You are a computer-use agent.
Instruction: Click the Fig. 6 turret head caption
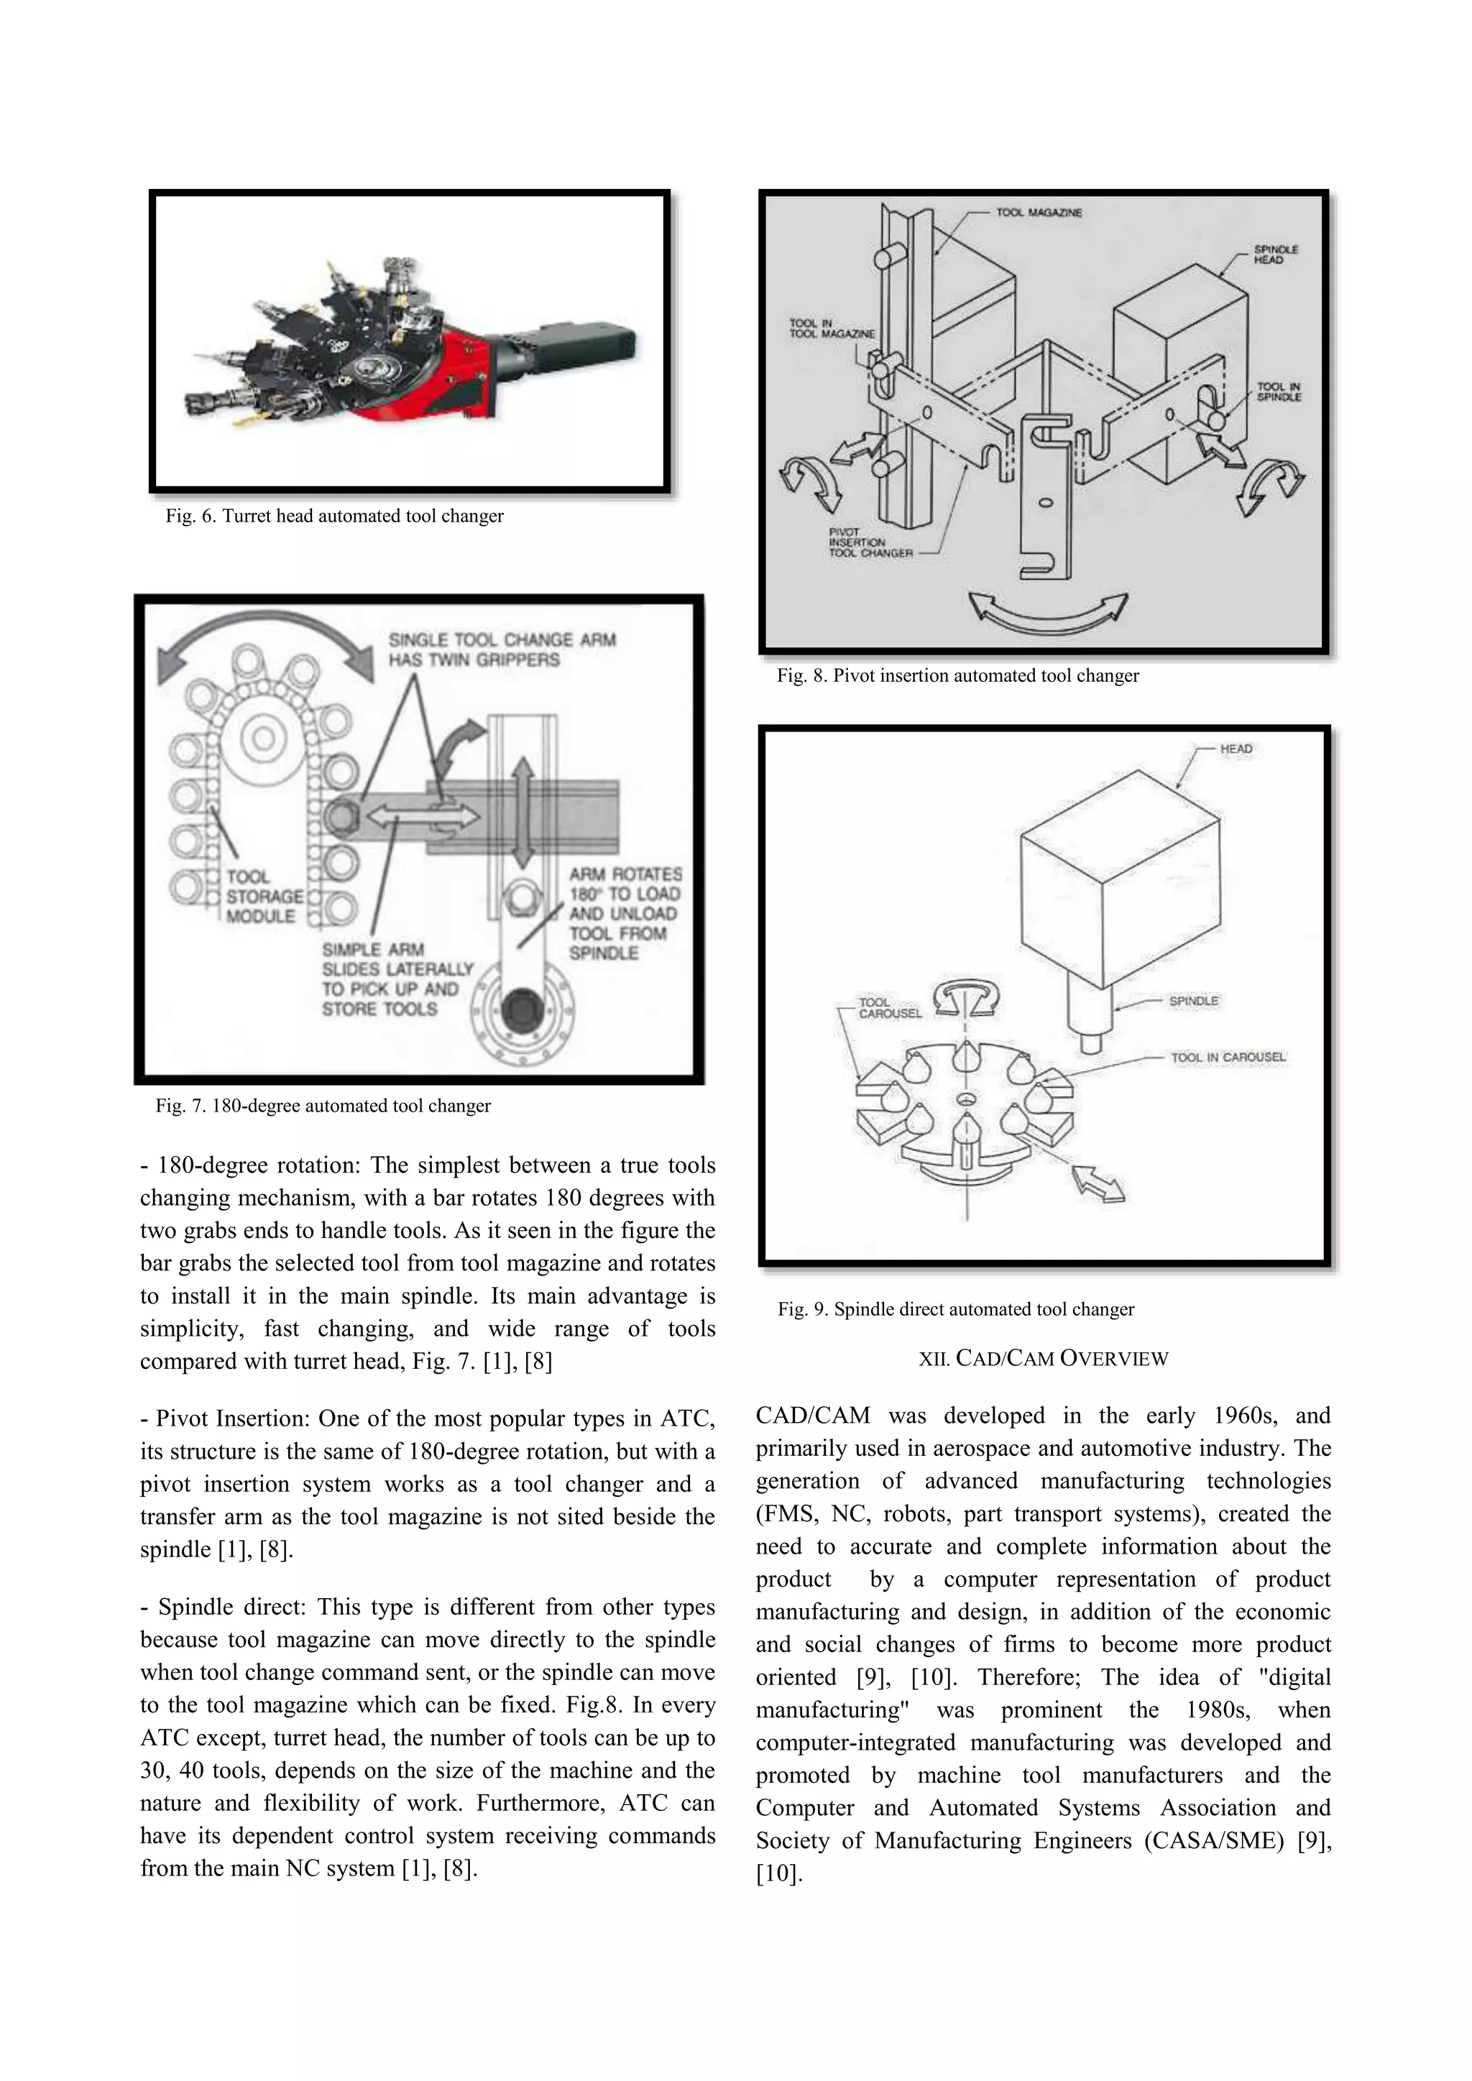[x=334, y=517]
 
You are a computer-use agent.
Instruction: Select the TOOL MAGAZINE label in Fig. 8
[x=1038, y=213]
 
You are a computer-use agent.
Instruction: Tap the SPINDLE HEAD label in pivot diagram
[x=1275, y=254]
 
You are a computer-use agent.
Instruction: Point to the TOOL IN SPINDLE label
[x=1278, y=392]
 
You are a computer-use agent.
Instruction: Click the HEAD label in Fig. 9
[x=1236, y=749]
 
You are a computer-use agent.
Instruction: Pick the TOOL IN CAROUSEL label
[x=1228, y=1058]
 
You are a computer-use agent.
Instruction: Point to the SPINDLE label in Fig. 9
[x=1193, y=1001]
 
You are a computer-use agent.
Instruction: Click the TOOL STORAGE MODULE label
[x=264, y=896]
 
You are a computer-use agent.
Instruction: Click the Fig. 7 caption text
[x=323, y=1106]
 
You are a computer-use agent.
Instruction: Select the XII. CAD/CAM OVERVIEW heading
[x=1044, y=1359]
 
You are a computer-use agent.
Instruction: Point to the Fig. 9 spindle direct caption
[x=955, y=1310]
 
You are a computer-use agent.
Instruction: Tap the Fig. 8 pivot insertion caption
[x=957, y=676]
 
